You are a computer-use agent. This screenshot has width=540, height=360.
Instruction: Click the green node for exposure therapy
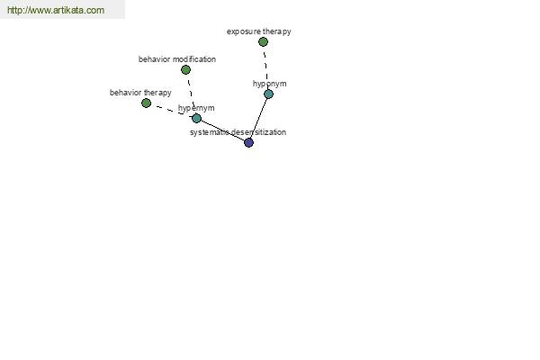pyautogui.click(x=263, y=42)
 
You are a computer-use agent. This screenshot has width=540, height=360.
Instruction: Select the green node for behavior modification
pyautogui.click(x=185, y=70)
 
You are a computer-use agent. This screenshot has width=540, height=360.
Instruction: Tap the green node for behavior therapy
pyautogui.click(x=146, y=103)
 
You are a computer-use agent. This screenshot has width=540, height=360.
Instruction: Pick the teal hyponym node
pyautogui.click(x=268, y=94)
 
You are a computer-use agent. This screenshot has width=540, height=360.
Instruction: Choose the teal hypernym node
pyautogui.click(x=196, y=119)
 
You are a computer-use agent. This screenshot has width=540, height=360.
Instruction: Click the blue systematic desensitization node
pyautogui.click(x=248, y=142)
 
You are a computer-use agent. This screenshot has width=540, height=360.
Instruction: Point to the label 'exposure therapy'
pyautogui.click(x=259, y=31)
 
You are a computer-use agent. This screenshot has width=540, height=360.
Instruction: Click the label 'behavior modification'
pyautogui.click(x=177, y=59)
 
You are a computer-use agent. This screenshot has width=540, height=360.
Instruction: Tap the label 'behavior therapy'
pyautogui.click(x=140, y=93)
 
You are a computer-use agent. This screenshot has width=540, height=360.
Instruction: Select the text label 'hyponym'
pyautogui.click(x=270, y=84)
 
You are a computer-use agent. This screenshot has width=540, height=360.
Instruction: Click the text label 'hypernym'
pyautogui.click(x=196, y=108)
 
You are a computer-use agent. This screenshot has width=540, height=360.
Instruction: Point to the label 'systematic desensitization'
pyautogui.click(x=238, y=132)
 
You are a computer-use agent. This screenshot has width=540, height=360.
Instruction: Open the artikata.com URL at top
pyautogui.click(x=56, y=10)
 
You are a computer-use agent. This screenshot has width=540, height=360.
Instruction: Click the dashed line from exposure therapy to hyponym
pyautogui.click(x=266, y=67)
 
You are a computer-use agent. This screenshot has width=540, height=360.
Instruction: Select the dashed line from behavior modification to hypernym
pyautogui.click(x=191, y=94)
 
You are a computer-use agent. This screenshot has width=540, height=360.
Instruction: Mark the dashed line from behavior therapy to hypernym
pyautogui.click(x=171, y=111)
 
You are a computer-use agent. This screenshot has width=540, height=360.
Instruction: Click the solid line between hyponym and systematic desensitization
pyautogui.click(x=258, y=118)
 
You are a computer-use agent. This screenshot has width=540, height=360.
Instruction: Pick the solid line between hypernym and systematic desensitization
pyautogui.click(x=222, y=130)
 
